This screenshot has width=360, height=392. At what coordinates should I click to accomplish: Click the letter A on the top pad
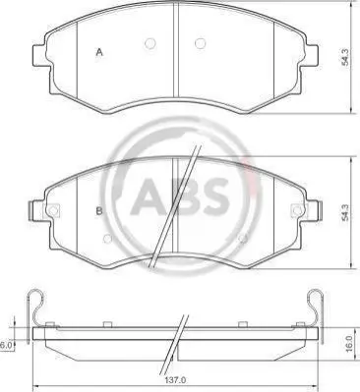99,52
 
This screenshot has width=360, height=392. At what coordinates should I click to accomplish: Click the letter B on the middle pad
99,211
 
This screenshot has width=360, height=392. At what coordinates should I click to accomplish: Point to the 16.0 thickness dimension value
349,343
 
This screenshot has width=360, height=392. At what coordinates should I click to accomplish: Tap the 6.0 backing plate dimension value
6,345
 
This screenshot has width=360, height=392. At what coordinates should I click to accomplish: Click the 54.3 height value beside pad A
346,57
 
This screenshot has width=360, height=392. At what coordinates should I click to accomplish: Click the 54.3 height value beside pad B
345,212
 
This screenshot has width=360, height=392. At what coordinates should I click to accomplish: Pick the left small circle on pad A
150,43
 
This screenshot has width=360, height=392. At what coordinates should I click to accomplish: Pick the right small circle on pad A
200,43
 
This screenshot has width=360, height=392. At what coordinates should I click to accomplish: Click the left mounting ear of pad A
40,55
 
